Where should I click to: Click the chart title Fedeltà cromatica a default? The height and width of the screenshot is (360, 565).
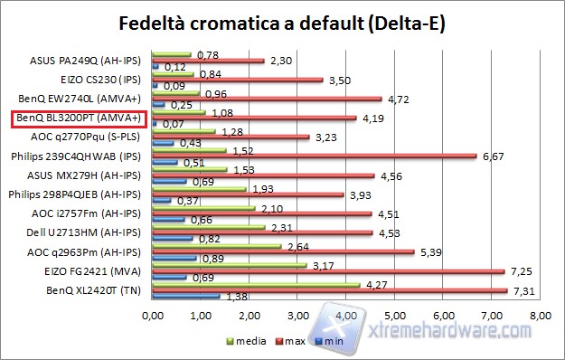282,21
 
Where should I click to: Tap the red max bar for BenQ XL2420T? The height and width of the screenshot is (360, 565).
330,289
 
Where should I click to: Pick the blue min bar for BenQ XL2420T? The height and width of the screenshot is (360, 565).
187,296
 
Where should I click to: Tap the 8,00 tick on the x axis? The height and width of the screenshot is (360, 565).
540,317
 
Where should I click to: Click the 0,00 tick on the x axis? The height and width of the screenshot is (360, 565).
154,317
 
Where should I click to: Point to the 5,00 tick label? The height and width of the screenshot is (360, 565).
395,317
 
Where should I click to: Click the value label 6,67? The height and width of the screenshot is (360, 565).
492,156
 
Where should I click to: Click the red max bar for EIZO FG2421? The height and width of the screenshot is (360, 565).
328,270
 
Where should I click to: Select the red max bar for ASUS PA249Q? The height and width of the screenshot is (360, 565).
209,61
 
